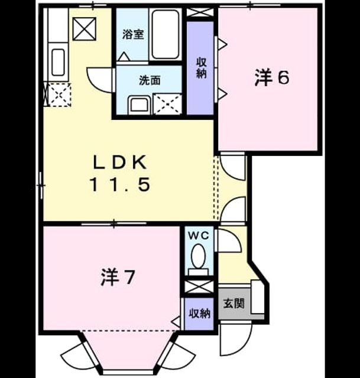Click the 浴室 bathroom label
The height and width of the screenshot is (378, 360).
[x=133, y=34]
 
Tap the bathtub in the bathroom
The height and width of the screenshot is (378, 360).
[x=166, y=34]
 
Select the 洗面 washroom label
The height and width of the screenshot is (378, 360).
[x=150, y=80]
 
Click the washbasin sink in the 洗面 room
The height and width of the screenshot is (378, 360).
[x=140, y=105]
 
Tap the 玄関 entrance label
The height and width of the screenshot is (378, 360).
[x=233, y=303]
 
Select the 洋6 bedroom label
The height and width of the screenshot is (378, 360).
[x=271, y=78]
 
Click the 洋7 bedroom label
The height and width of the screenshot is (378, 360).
[x=117, y=277]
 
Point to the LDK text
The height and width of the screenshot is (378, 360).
[x=120, y=162]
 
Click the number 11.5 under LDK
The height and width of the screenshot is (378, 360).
[x=120, y=184]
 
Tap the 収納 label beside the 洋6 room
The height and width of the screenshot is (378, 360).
[x=201, y=68]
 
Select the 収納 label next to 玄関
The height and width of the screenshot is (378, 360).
[x=199, y=314]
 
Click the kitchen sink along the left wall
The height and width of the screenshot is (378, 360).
[x=58, y=62]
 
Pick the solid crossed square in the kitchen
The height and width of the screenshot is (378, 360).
[x=84, y=29]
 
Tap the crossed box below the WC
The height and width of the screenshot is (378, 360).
[x=199, y=287]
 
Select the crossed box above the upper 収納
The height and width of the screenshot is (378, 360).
[x=200, y=12]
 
